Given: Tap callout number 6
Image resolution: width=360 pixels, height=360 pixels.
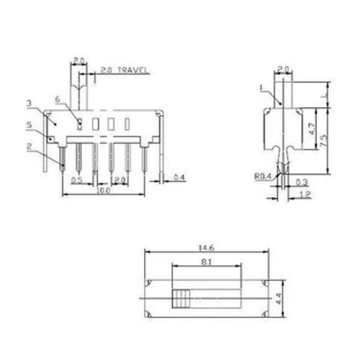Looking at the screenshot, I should [x=57, y=99].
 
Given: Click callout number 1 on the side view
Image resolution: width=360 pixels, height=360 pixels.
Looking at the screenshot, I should [x=262, y=87].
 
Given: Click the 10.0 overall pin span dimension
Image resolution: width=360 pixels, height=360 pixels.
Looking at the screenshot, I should [x=103, y=191].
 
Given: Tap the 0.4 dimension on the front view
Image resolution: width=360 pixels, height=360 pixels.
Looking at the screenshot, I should [x=179, y=179].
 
